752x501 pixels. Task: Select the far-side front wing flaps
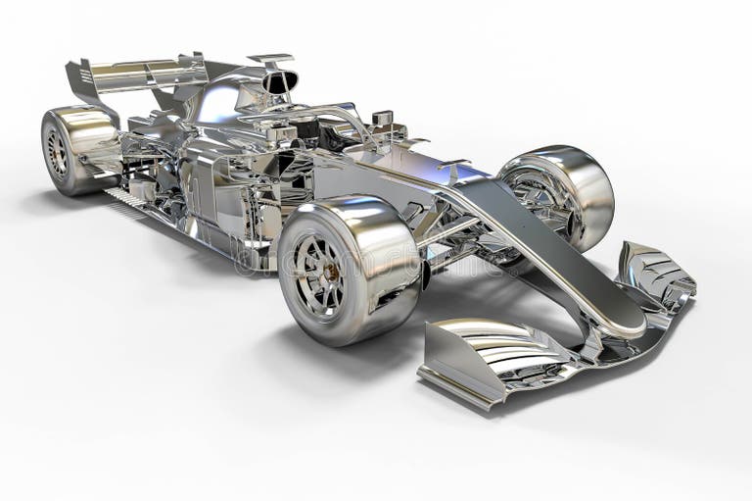[x=656, y=275]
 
